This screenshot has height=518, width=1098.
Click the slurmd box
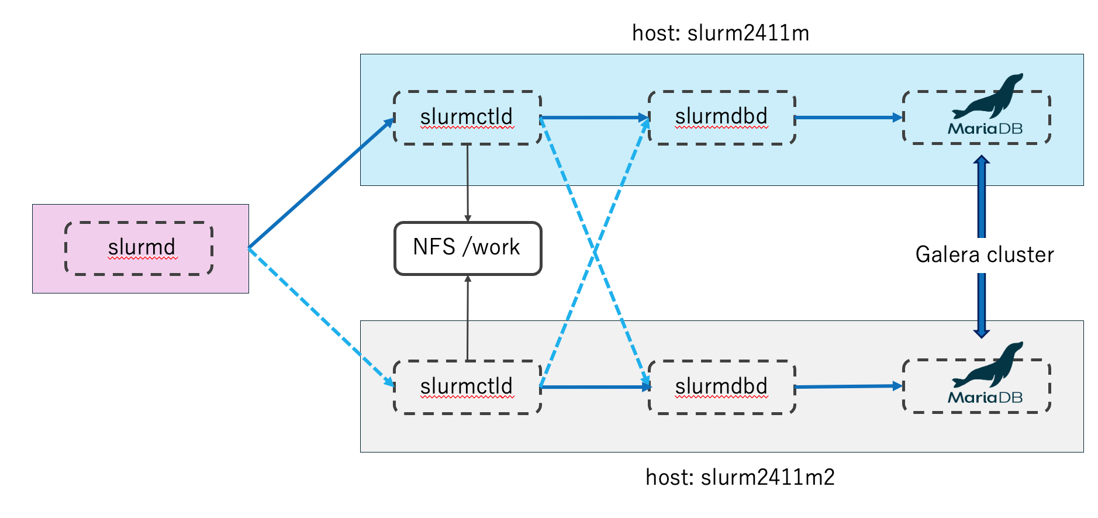[139, 248]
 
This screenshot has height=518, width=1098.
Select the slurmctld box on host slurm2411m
[467, 118]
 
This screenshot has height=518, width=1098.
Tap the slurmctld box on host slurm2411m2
[467, 387]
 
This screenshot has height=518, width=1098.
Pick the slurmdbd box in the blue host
[722, 118]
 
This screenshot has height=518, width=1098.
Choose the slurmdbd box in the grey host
[722, 387]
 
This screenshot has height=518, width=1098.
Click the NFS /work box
[468, 248]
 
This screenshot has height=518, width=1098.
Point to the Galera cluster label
[985, 254]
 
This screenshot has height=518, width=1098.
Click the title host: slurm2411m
[721, 33]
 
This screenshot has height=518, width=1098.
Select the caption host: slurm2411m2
[740, 477]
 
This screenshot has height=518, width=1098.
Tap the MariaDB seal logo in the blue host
[987, 96]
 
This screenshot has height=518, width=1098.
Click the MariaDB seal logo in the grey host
[987, 365]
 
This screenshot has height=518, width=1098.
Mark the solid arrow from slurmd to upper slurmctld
[322, 183]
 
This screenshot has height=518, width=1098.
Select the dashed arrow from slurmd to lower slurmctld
[322, 317]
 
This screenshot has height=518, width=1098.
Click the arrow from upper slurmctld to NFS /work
[467, 183]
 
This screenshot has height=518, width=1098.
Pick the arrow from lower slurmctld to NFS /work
[468, 317]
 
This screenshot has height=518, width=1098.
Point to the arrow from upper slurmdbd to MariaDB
[850, 118]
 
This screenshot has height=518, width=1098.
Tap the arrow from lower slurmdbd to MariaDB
[850, 386]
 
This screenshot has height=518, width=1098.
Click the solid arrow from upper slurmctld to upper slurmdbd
[595, 118]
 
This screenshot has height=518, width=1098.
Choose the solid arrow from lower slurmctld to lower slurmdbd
[595, 387]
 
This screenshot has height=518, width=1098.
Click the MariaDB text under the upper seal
[985, 129]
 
